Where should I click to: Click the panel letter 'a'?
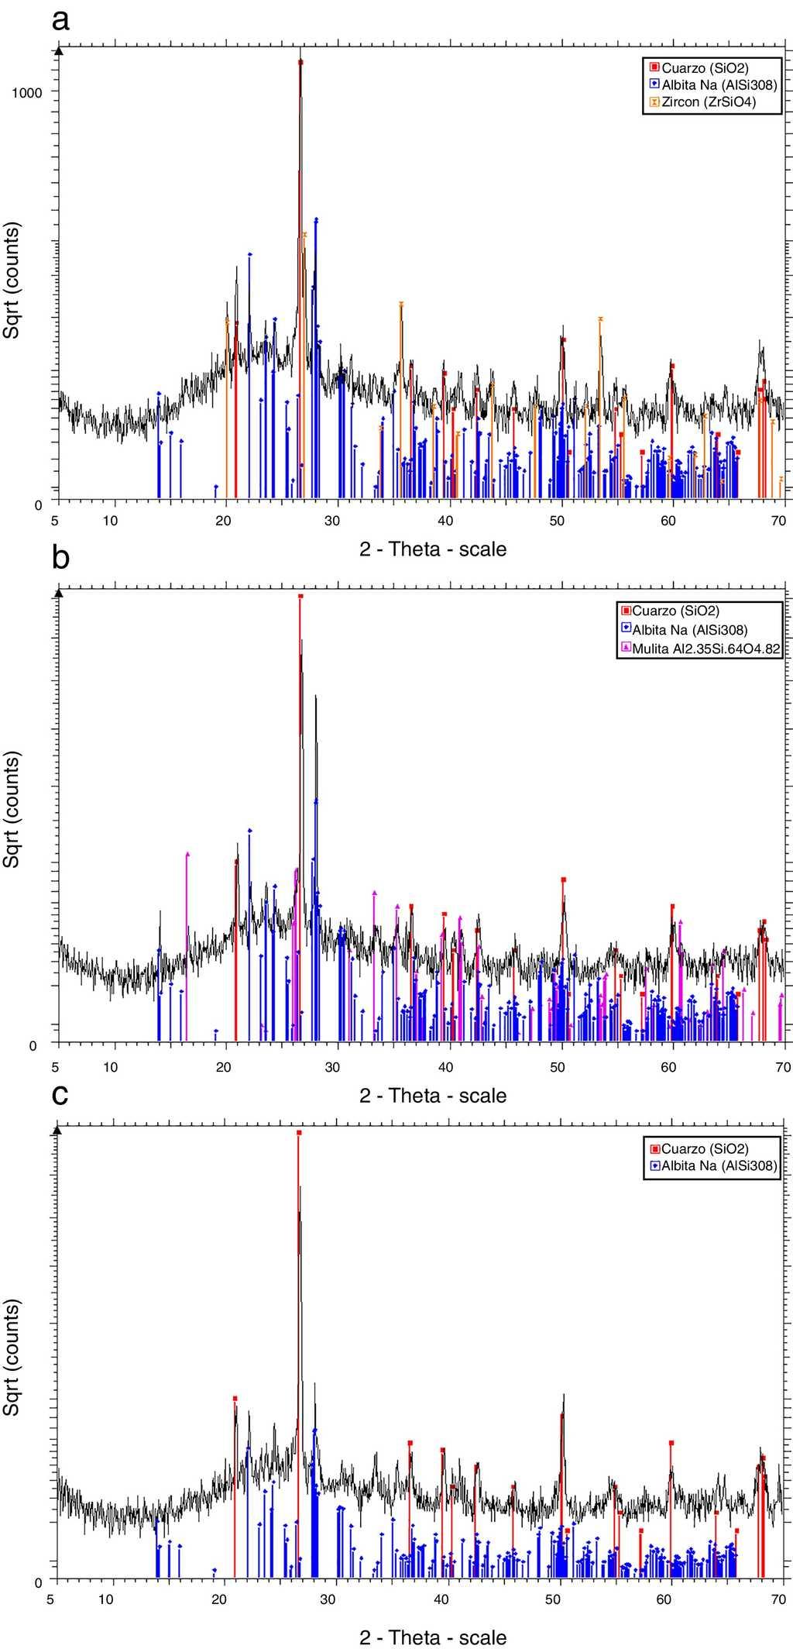60,19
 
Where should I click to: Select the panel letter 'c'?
60,1094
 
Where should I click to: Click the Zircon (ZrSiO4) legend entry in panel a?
703,102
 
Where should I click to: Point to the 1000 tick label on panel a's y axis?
28,91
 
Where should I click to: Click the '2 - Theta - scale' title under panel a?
433,549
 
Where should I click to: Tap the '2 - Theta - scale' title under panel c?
433,1637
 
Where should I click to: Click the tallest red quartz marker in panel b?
300,597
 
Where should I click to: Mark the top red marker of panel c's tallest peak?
299,1133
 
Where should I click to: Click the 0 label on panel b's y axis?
33,1045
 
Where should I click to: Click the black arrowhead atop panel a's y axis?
59,50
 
